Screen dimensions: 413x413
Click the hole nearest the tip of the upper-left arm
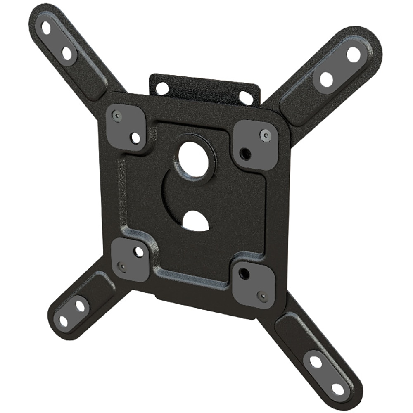[46, 28]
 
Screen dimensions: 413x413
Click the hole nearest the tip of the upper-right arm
[353, 54]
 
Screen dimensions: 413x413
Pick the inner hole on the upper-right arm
[326, 79]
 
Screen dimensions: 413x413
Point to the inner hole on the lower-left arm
[81, 306]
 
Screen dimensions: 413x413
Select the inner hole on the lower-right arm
[316, 362]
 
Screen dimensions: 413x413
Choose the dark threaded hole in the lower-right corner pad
[244, 273]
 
